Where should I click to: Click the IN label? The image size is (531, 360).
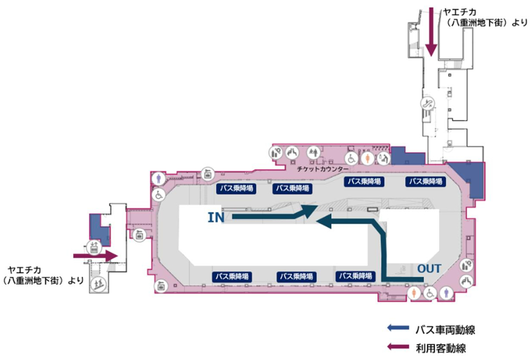coord(216,217)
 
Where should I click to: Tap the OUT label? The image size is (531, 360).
coord(429,268)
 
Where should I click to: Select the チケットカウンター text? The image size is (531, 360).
coord(323,168)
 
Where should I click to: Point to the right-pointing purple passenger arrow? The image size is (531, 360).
coord(95,256)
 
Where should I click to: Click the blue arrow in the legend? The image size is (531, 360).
coord(398,327)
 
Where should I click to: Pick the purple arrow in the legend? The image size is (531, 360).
coord(398,346)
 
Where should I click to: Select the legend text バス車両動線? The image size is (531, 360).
coord(445,329)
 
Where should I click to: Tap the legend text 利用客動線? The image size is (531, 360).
coord(440,348)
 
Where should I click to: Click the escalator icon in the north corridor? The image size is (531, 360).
coord(427,103)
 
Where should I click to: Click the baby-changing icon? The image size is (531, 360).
coord(383,158)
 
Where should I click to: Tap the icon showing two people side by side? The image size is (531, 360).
coord(314,153)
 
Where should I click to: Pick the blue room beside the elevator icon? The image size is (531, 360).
coord(99,229)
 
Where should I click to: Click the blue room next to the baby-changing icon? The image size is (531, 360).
coord(407,156)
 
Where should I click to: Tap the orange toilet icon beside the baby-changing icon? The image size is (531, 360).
coord(368,158)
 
